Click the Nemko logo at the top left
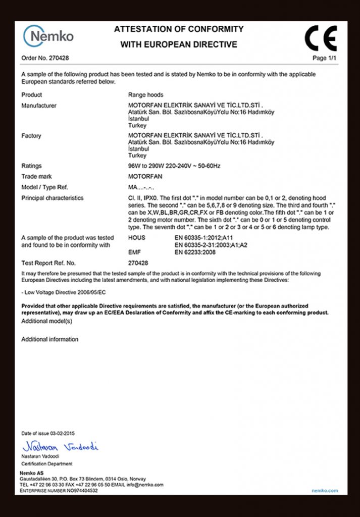pos(48,36)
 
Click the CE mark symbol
pos(321,38)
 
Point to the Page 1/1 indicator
pos(325,59)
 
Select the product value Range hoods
pos(146,95)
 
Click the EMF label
pos(134,252)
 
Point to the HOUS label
pos(137,237)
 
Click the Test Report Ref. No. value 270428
pos(138,263)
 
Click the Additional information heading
pos(49,340)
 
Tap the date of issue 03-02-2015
pos(63,434)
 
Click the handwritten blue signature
pos(60,446)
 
